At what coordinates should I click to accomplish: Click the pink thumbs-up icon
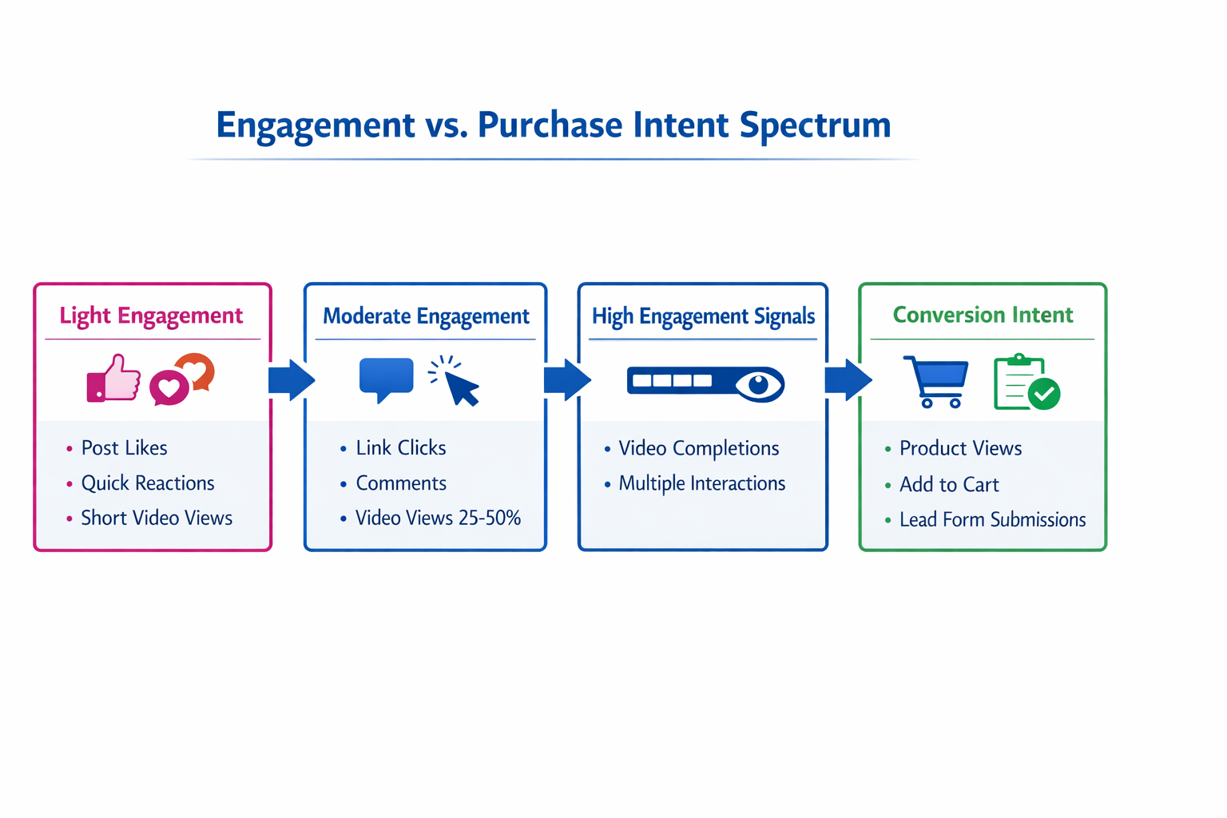[x=113, y=379]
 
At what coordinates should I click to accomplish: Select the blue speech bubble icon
[x=386, y=378]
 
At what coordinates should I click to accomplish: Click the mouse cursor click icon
[x=457, y=382]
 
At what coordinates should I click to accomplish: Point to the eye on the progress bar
[x=758, y=384]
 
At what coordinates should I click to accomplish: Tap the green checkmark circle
[x=1043, y=393]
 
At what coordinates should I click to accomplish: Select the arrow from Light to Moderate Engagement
[x=291, y=379]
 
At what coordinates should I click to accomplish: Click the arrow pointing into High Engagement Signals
[x=566, y=379]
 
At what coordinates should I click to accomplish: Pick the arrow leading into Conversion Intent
[x=848, y=379]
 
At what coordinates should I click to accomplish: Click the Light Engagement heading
[x=151, y=316]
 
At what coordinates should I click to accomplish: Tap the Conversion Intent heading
[x=982, y=315]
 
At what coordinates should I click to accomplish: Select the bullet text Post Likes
[x=124, y=448]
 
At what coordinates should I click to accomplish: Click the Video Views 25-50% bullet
[x=438, y=518]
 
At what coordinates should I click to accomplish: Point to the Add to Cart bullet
[x=948, y=485]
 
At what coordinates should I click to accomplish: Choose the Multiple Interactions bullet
[x=701, y=483]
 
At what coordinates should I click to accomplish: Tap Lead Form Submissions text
[x=992, y=520]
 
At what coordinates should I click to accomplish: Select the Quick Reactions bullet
[x=148, y=483]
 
